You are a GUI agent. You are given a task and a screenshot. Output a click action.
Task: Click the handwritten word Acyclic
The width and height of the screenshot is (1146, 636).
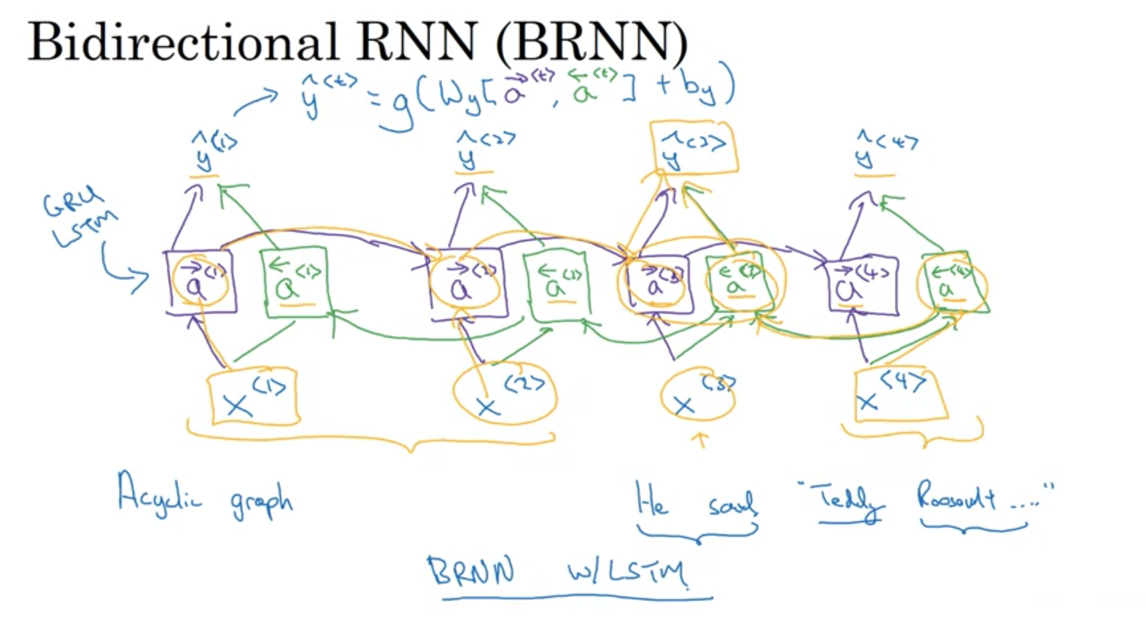(159, 495)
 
